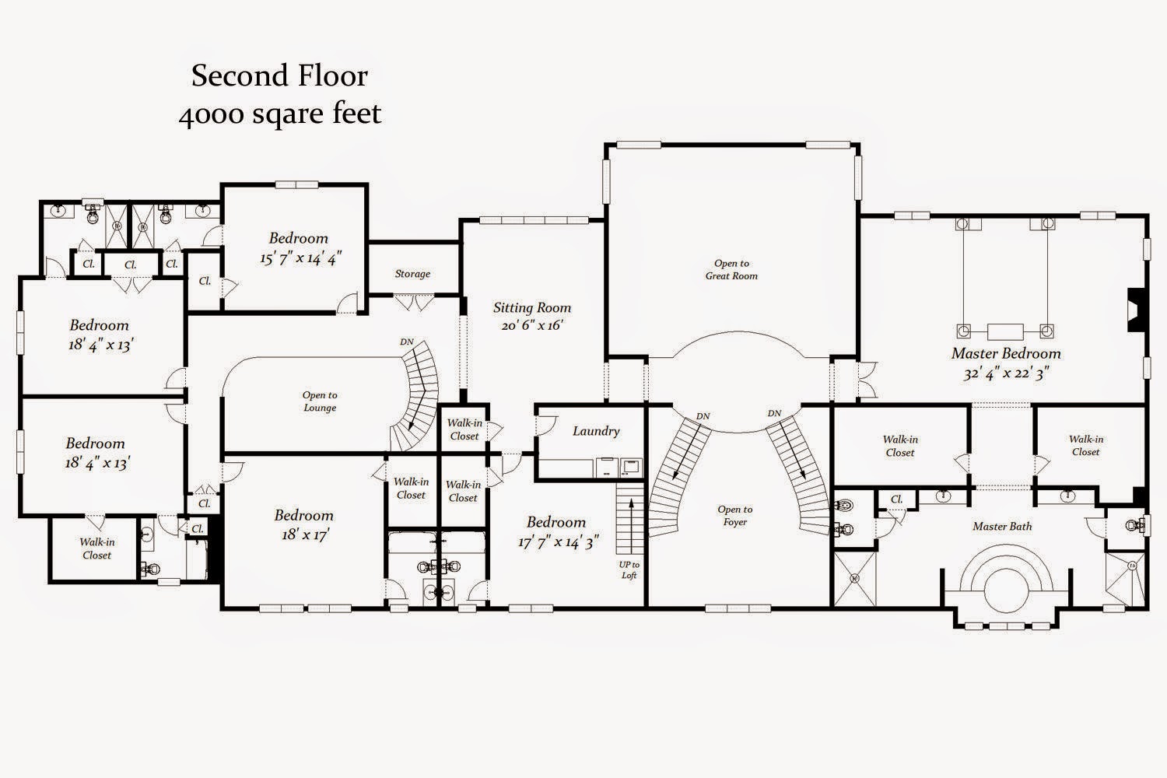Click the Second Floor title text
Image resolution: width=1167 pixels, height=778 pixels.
280,75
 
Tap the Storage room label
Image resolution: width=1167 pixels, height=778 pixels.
412,274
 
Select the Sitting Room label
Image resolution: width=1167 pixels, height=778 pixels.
532,307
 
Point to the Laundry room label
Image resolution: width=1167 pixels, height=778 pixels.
596,431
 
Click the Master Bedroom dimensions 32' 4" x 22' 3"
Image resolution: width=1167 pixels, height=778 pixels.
1006,373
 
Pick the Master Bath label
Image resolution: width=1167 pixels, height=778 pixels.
1002,526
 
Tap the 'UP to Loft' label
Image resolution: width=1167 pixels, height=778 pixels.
629,570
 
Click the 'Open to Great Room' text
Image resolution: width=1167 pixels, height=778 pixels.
731,270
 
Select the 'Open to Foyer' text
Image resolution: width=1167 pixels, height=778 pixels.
735,516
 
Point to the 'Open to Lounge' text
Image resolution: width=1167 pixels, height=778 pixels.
320,401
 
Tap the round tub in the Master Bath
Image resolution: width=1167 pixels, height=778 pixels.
1006,585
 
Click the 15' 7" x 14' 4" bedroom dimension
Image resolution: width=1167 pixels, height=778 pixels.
300,258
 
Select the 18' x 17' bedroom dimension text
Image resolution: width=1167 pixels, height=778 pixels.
304,534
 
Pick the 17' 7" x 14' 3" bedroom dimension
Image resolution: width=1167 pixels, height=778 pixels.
558,542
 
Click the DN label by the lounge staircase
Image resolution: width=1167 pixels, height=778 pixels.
407,342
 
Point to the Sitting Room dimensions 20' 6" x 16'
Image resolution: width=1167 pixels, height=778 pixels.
532,325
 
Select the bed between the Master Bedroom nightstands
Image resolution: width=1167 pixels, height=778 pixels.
1005,331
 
